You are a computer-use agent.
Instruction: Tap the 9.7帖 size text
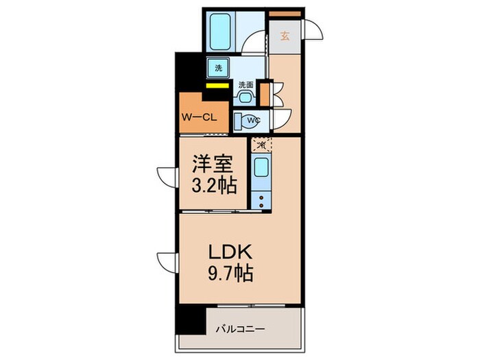(x=229, y=274)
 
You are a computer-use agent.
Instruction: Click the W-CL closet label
(x=199, y=116)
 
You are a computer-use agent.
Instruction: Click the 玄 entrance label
(x=285, y=37)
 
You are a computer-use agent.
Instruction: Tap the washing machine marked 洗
(x=219, y=68)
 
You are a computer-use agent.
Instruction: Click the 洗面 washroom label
(x=245, y=85)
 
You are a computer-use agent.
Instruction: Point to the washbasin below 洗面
(x=245, y=98)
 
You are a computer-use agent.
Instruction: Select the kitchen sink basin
(x=261, y=169)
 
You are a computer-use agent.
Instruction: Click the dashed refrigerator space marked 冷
(x=261, y=145)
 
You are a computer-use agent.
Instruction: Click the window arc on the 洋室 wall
(x=167, y=177)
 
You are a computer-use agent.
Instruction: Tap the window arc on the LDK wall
(x=167, y=261)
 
